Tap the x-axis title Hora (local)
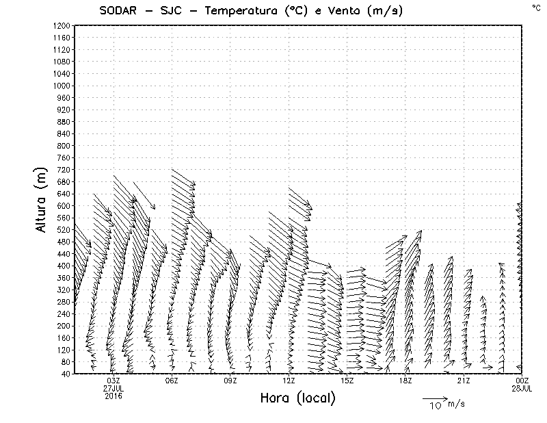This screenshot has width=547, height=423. coord(297,398)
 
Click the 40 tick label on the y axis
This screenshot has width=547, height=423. coord(66,374)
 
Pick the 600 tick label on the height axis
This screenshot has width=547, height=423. coord(64,206)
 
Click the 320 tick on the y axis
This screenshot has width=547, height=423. coord(64,290)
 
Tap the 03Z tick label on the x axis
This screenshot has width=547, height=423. coord(114,380)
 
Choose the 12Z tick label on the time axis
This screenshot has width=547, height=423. coord(289,380)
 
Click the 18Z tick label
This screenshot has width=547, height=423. coord(405,380)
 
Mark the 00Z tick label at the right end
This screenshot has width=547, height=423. coord(522,380)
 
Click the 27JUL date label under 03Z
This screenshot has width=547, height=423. coord(114,387)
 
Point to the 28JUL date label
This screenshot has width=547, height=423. coord(522,387)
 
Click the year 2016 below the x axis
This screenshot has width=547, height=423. coord(114,395)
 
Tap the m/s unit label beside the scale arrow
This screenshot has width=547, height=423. coord(456,404)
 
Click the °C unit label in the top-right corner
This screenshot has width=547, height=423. coord(535,7)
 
